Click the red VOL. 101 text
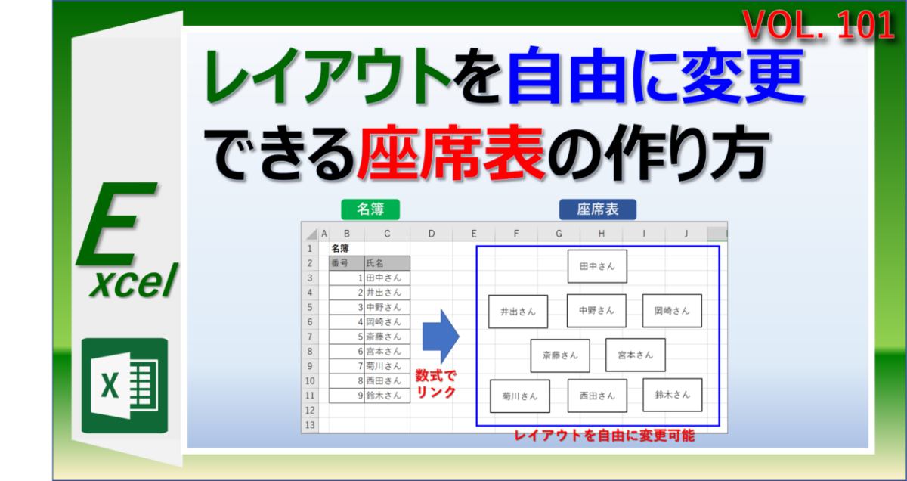[x=819, y=25]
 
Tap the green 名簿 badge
[x=370, y=209]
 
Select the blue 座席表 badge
[x=598, y=209]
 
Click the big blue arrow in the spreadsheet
[x=441, y=337]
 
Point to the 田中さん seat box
[x=597, y=266]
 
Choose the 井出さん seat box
[x=518, y=312]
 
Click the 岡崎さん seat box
[x=672, y=311]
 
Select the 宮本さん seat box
[x=636, y=355]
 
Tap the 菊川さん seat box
[x=520, y=396]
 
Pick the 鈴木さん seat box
[x=673, y=395]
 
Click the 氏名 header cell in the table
[x=387, y=263]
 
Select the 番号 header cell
[x=347, y=263]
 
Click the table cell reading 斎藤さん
[x=387, y=337]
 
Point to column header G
[x=559, y=234]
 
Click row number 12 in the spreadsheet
[x=310, y=410]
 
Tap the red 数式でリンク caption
[x=435, y=383]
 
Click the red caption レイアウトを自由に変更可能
[x=604, y=436]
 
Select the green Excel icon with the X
[x=125, y=386]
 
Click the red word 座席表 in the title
[x=450, y=152]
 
